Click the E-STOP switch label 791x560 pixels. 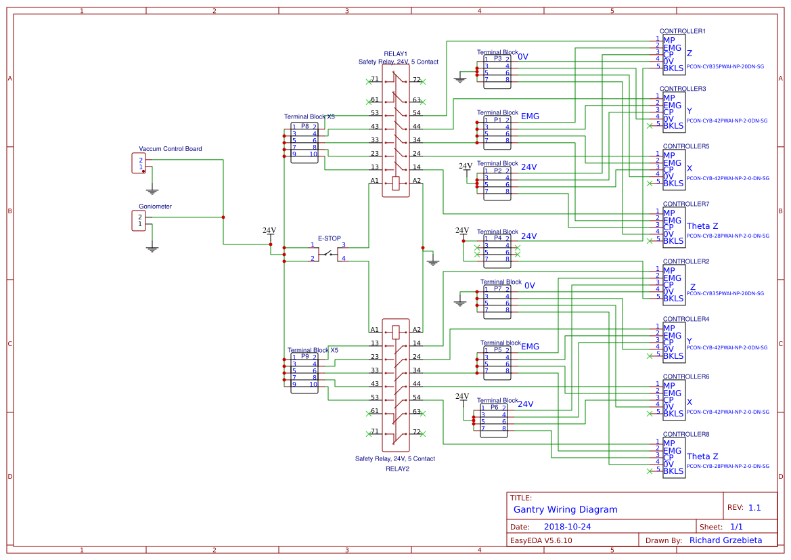click(x=330, y=238)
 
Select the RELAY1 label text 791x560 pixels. click(x=396, y=53)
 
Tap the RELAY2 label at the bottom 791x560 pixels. click(x=397, y=469)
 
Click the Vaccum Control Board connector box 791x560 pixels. click(x=138, y=163)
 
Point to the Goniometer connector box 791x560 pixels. click(x=138, y=220)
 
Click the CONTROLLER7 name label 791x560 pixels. click(x=686, y=204)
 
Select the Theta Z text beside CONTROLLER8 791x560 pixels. click(x=702, y=456)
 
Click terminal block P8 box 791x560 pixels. click(x=304, y=140)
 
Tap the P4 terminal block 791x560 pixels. click(x=497, y=249)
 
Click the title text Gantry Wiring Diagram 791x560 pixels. click(x=566, y=509)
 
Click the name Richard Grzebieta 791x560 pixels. click(x=725, y=540)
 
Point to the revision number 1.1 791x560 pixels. click(x=754, y=507)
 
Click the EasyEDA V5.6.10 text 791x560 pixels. click(x=541, y=540)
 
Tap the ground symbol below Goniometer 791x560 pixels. click(x=152, y=249)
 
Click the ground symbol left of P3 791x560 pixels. click(x=460, y=80)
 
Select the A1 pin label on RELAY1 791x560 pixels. click(x=374, y=181)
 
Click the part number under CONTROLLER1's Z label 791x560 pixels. click(x=725, y=66)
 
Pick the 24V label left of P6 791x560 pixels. click(x=462, y=396)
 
